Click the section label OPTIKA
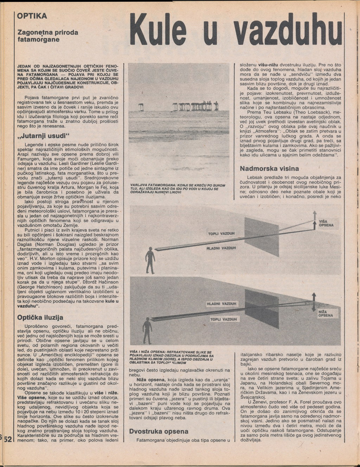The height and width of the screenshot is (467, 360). point(32,16)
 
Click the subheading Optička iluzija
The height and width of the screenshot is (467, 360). point(40,317)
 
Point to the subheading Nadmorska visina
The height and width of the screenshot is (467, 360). point(269,168)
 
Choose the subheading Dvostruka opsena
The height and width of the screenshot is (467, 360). point(159,431)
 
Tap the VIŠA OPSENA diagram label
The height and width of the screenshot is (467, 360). point(326,223)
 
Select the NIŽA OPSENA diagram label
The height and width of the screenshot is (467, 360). point(325,314)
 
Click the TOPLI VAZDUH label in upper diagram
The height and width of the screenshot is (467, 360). point(221,233)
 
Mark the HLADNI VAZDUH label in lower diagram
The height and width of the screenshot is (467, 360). point(221,303)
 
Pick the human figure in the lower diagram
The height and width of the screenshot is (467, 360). point(147,329)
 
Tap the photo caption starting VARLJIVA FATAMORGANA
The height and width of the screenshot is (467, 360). point(178,189)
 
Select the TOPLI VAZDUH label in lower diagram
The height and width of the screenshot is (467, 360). point(223,319)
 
